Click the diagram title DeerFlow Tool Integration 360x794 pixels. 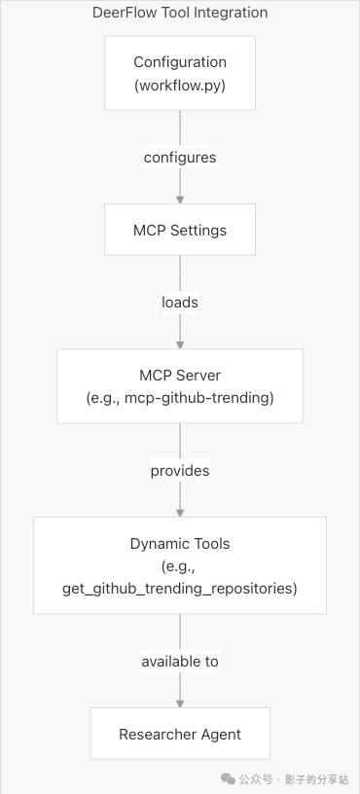point(180,13)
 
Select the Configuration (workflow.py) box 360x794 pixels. point(180,72)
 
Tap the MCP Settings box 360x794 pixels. point(180,230)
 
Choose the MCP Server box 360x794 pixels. point(180,385)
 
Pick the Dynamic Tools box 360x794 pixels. point(180,565)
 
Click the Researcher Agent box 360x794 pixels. point(180,734)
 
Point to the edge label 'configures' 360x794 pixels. point(180,157)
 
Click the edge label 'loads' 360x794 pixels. point(180,302)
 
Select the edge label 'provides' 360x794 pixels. point(180,471)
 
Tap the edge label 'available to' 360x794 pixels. point(180,661)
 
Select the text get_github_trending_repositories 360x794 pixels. point(180,589)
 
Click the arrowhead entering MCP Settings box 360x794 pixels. point(180,198)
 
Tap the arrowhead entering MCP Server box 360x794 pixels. point(180,344)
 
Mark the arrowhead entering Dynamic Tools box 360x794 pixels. point(180,512)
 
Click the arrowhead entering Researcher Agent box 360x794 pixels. point(180,703)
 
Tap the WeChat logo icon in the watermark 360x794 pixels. point(227,779)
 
